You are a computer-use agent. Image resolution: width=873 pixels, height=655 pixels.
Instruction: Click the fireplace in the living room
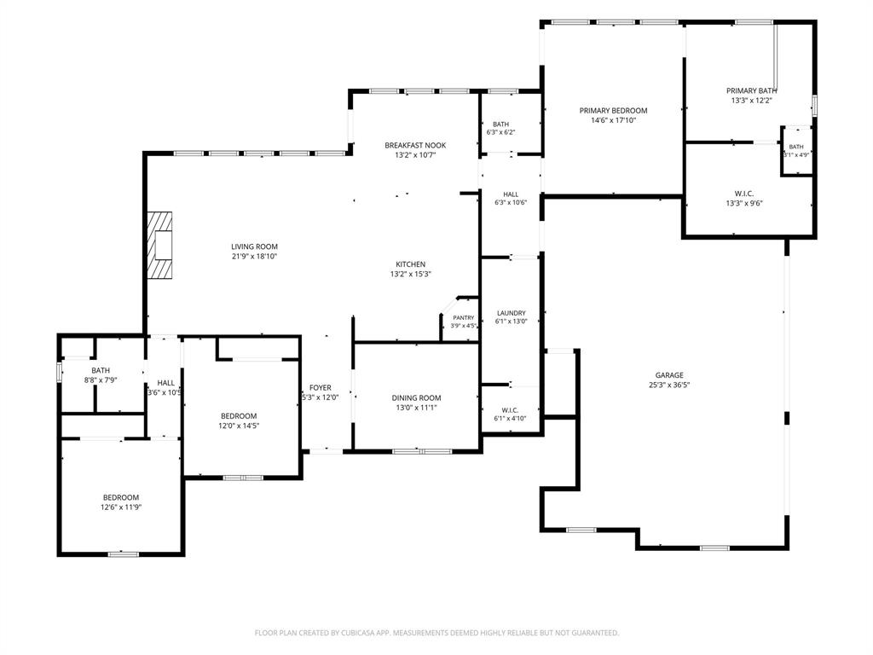(159, 245)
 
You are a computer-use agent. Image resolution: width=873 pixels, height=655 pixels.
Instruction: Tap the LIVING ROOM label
(254, 246)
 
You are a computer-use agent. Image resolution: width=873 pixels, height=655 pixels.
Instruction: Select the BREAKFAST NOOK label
(415, 145)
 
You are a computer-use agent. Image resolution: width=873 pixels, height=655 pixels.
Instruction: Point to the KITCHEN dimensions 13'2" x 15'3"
(411, 274)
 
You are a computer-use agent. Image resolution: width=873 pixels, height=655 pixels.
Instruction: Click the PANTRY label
(463, 317)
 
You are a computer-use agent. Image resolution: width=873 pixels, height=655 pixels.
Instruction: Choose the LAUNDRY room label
(512, 313)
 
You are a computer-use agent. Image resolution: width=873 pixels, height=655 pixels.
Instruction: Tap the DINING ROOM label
(416, 397)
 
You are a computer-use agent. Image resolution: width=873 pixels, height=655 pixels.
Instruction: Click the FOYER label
(321, 388)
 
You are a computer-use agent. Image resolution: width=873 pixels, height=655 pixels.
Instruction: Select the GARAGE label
(669, 375)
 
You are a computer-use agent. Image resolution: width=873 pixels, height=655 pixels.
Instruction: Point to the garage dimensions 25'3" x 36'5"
(669, 385)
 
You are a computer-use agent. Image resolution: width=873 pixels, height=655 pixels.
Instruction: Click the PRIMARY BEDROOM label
(613, 111)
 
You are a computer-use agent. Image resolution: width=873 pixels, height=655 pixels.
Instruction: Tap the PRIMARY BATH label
(752, 90)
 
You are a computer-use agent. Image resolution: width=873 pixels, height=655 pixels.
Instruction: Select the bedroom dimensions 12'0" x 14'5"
(239, 426)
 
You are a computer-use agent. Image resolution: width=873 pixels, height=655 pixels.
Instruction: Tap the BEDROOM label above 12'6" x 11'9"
(121, 497)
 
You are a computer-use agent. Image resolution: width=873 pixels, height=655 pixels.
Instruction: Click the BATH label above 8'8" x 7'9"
(101, 370)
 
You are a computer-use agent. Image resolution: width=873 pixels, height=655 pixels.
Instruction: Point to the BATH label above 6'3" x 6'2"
(500, 125)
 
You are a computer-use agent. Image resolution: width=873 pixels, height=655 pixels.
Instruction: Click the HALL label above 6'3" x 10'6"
(511, 194)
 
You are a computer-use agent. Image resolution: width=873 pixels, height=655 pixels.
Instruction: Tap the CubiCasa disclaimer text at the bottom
(436, 633)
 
